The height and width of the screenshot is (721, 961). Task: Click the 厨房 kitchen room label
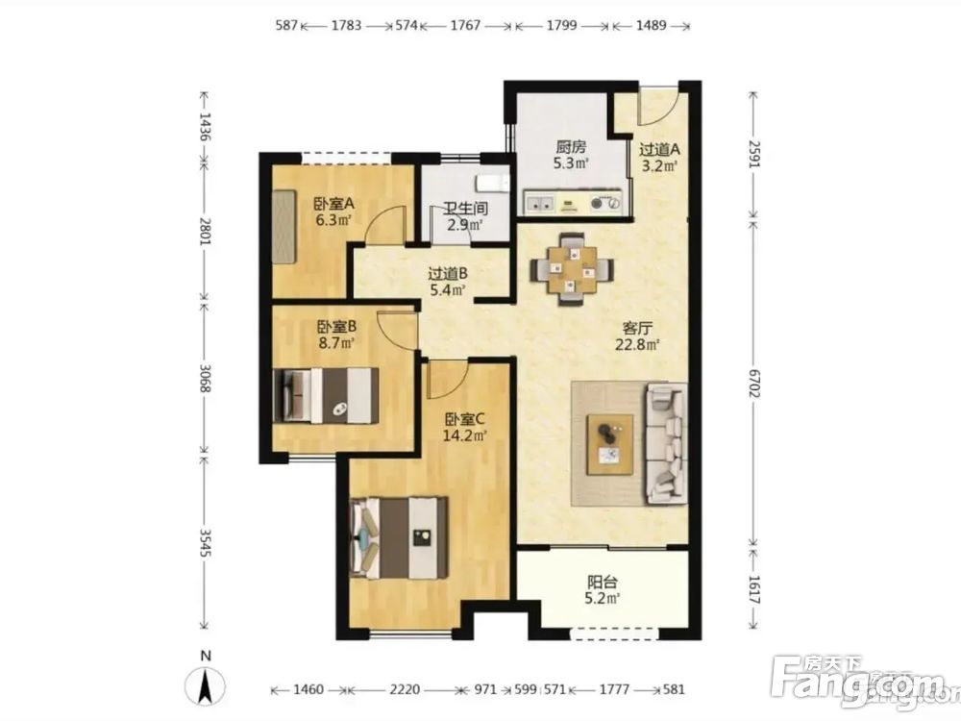click(x=571, y=147)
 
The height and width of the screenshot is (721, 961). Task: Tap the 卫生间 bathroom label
click(x=466, y=209)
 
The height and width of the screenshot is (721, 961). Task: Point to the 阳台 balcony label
click(x=603, y=582)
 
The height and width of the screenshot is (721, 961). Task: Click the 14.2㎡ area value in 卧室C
click(x=464, y=435)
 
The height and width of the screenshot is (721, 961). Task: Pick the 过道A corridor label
click(x=659, y=149)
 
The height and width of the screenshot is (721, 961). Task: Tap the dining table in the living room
click(x=572, y=268)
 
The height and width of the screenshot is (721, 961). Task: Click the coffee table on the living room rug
click(x=610, y=444)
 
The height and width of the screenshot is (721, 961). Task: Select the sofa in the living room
click(x=665, y=443)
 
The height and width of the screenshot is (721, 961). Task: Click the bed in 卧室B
click(x=325, y=395)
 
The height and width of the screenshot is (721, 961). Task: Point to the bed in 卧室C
click(x=399, y=537)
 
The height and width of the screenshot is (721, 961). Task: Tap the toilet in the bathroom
click(x=493, y=183)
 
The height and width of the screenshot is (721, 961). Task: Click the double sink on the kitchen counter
click(x=540, y=204)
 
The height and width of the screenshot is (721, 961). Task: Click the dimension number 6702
click(x=753, y=383)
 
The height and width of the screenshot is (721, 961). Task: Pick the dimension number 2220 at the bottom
click(x=406, y=689)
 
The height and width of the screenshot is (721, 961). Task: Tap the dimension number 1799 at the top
click(x=561, y=26)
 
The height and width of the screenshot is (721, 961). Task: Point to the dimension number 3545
click(x=205, y=542)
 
